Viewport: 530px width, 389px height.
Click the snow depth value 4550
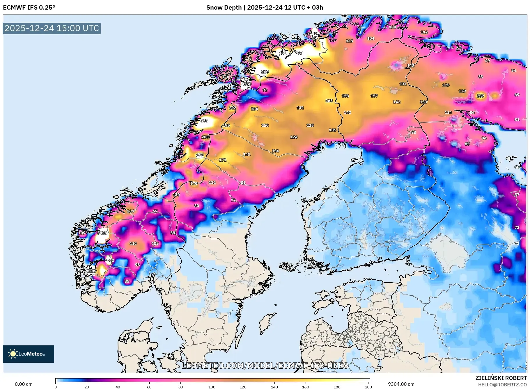tap(246, 84)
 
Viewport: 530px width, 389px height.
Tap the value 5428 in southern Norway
tap(102, 233)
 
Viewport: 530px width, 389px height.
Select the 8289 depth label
tap(91, 271)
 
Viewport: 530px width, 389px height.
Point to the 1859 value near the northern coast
tap(314, 33)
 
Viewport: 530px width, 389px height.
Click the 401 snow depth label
tap(282, 53)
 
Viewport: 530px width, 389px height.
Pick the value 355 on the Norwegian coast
tap(204, 121)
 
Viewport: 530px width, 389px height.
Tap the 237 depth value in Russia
tap(480, 96)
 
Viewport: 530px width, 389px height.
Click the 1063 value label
tap(109, 260)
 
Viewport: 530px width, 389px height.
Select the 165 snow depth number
tap(329, 101)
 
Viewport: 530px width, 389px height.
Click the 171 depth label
tap(223, 160)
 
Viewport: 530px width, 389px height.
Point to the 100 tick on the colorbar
tap(212, 387)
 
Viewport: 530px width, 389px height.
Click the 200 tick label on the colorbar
tap(368, 387)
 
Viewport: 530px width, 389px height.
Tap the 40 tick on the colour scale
tap(118, 387)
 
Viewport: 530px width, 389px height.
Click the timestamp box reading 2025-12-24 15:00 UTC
tap(52, 28)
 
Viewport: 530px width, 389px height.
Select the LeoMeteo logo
tap(29, 354)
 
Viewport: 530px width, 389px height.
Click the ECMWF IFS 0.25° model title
tap(29, 8)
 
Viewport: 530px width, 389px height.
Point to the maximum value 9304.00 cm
tap(401, 384)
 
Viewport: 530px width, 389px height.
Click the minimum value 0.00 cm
tap(24, 384)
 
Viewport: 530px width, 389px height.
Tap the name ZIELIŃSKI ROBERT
tap(501, 378)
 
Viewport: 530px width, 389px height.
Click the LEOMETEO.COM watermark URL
tap(265, 365)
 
